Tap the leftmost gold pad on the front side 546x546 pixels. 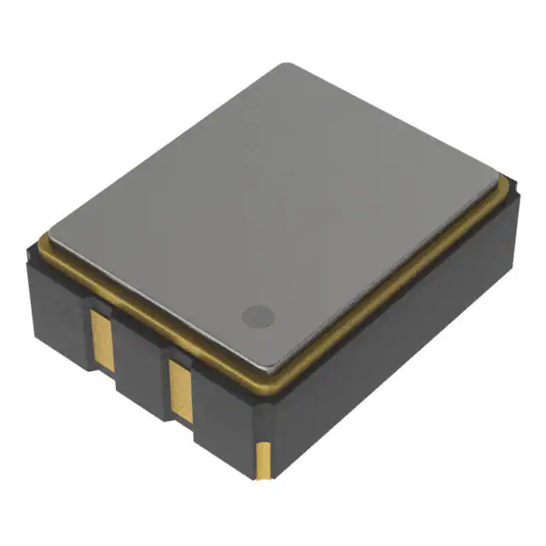[101, 338]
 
